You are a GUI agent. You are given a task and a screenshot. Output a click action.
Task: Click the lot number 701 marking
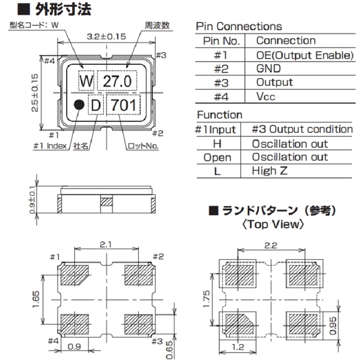click(x=123, y=105)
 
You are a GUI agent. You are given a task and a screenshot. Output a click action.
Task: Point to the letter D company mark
click(x=96, y=106)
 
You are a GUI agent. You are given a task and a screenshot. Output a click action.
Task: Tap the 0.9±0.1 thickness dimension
click(x=33, y=199)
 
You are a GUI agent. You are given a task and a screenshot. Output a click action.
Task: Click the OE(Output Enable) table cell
click(x=304, y=55)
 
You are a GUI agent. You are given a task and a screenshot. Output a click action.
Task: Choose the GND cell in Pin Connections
click(x=269, y=69)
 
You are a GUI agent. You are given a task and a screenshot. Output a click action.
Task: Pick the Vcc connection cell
click(x=266, y=96)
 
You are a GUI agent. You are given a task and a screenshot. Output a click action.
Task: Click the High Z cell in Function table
click(x=270, y=171)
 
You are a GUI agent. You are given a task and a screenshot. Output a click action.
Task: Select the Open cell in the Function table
click(x=217, y=157)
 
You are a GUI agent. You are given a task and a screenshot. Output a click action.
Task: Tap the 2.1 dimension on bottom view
click(x=106, y=244)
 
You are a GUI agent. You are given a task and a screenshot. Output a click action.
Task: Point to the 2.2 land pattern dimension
click(x=272, y=245)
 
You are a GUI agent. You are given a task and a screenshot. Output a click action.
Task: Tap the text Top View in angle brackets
click(x=273, y=223)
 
